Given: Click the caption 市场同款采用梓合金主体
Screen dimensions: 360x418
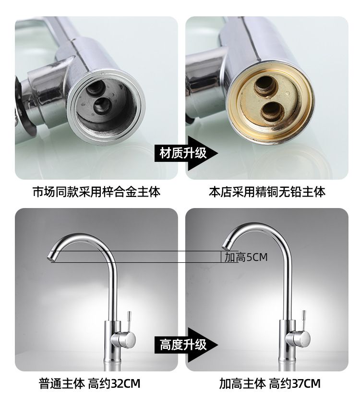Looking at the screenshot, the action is (96, 192).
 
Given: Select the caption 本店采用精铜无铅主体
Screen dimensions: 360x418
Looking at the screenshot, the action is (267, 192).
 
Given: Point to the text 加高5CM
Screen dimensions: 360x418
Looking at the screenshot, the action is (246, 257).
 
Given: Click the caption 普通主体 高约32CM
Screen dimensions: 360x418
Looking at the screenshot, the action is (89, 383).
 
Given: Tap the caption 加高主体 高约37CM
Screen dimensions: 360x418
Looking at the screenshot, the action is (270, 383).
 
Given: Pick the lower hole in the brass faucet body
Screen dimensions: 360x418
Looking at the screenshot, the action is (272, 111).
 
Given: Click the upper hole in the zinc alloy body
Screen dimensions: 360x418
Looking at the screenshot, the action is (95, 88).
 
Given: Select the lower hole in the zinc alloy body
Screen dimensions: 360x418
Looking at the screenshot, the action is (102, 105).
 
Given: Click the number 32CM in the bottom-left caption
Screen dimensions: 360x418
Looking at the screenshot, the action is (125, 383).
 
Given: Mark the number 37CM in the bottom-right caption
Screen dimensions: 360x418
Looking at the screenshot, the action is (306, 383).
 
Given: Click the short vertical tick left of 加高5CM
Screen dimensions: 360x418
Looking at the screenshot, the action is (221, 257).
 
